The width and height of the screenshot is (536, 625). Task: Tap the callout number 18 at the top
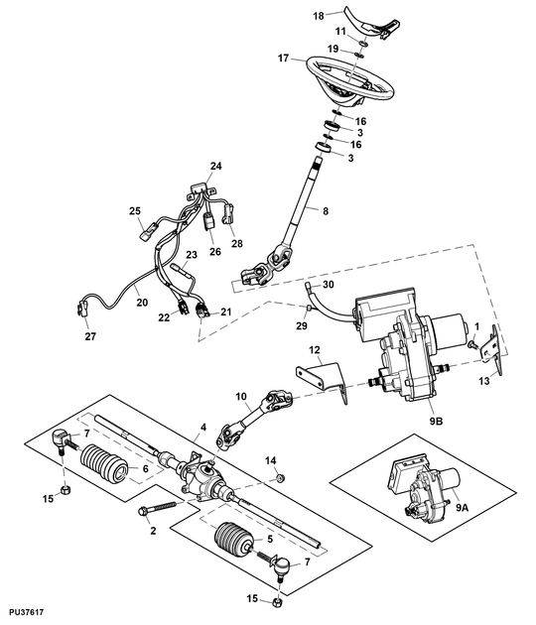coord(319,16)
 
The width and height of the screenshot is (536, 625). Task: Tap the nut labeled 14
coord(279,479)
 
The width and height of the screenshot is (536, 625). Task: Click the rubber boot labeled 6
coord(103,465)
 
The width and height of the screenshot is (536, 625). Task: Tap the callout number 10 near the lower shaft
coord(240,398)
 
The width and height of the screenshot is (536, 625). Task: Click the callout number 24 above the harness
coord(215,166)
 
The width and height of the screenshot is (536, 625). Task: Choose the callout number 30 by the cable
coord(329,286)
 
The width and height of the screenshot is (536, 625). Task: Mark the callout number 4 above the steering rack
coord(203,428)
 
